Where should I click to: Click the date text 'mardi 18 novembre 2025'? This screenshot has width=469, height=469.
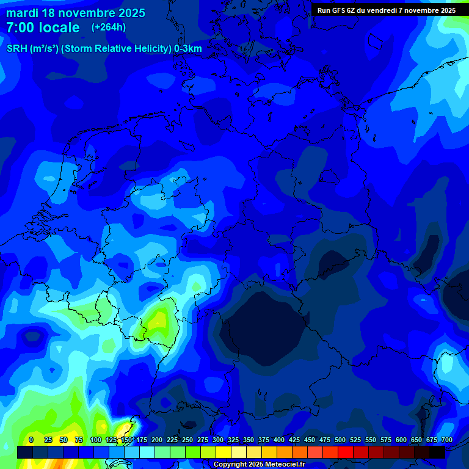tap(76, 13)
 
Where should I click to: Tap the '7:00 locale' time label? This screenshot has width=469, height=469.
tap(43, 27)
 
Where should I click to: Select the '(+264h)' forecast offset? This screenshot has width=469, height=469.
tap(109, 27)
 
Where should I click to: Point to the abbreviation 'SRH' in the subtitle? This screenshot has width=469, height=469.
tap(17, 49)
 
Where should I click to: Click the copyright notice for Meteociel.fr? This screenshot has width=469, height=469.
tap(258, 464)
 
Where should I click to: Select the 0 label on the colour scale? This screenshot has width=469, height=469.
tap(31, 440)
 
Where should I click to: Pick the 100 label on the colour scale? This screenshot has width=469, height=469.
tap(96, 440)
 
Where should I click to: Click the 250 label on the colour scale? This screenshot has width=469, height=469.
tap(187, 440)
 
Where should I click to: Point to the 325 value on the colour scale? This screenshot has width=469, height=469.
tap(233, 440)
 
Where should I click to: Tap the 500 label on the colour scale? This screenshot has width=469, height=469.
tap(340, 440)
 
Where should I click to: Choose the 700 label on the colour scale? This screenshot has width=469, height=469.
tap(446, 440)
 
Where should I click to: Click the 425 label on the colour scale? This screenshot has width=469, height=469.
tap(294, 440)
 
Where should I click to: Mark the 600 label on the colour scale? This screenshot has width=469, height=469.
tap(401, 440)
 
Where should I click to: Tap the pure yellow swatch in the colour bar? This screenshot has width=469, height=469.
tap(224, 452)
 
